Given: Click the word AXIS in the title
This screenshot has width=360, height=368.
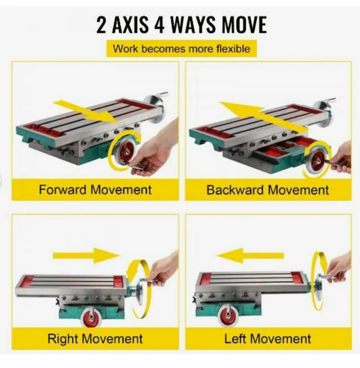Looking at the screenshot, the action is pos(131,25).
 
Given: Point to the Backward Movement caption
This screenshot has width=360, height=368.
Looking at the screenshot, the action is pos(267,190).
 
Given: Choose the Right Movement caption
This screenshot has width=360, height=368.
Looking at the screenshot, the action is pos(95,339).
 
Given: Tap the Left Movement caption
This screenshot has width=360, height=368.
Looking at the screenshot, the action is pos(267,339).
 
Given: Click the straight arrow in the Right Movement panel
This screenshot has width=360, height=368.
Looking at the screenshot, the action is pos(87,256).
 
